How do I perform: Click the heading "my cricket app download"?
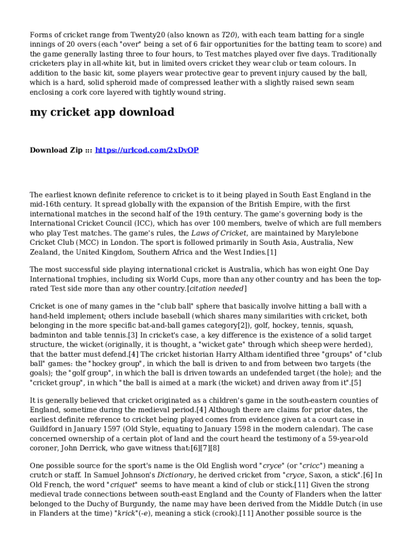click(102, 112)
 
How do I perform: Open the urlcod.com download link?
click(147, 150)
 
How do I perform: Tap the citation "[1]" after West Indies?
click(272, 252)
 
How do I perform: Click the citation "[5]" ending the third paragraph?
click(356, 383)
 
